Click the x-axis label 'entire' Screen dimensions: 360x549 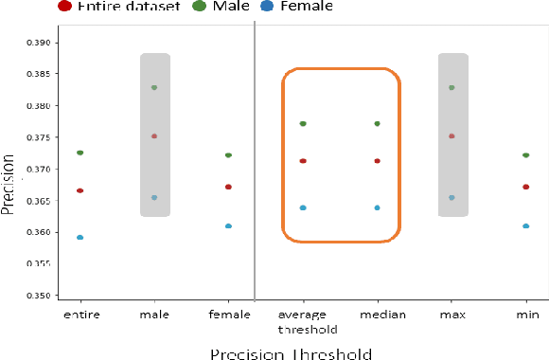click(x=80, y=314)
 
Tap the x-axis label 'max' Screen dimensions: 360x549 click(x=452, y=314)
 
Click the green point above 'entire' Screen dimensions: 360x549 click(x=80, y=153)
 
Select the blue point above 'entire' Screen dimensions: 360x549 click(x=80, y=238)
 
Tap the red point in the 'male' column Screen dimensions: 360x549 click(x=154, y=136)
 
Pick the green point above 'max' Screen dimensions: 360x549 click(x=452, y=87)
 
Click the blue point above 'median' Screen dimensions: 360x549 click(x=377, y=207)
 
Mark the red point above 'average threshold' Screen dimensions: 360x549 click(x=303, y=161)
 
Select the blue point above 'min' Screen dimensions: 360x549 click(x=525, y=226)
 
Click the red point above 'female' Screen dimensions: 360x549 click(x=228, y=187)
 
